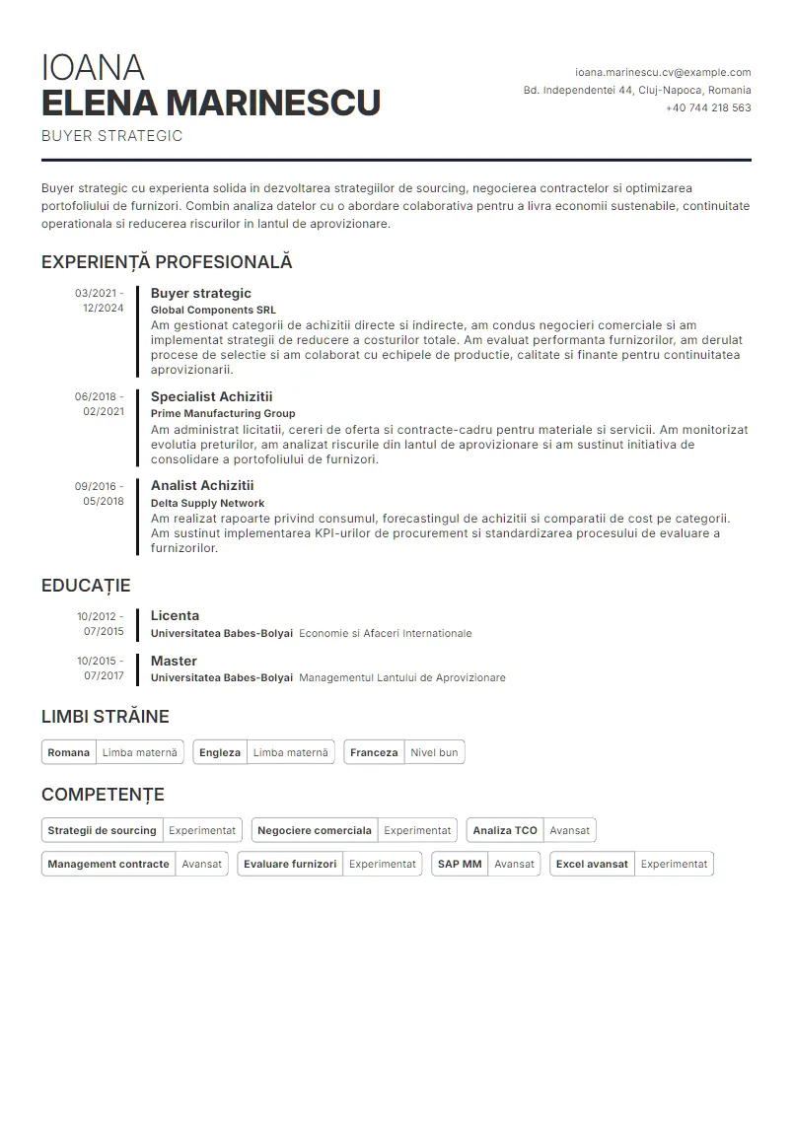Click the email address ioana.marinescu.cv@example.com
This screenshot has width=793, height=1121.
pos(663,72)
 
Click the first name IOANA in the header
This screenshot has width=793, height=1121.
pos(93,68)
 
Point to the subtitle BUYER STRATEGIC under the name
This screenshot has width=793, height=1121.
pos(111,136)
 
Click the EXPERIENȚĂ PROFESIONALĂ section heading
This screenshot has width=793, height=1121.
pos(167,262)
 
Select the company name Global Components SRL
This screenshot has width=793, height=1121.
pos(213,309)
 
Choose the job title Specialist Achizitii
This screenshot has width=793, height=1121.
pos(211,396)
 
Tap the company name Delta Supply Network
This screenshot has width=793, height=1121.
pos(207,503)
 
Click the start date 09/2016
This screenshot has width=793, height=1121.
pos(97,486)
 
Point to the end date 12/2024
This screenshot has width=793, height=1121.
pos(104,308)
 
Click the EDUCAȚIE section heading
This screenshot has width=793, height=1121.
pos(86,586)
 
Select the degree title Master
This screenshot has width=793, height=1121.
pos(174,661)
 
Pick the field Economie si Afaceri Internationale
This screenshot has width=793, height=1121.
pos(385,633)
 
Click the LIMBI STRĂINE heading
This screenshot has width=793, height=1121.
pos(106,717)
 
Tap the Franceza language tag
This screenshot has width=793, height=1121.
pos(374,752)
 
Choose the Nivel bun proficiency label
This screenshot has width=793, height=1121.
pos(434,752)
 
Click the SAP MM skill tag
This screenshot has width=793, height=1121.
pos(460,864)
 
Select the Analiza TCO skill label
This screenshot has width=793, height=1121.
pos(505,830)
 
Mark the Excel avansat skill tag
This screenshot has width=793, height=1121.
pos(592,864)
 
